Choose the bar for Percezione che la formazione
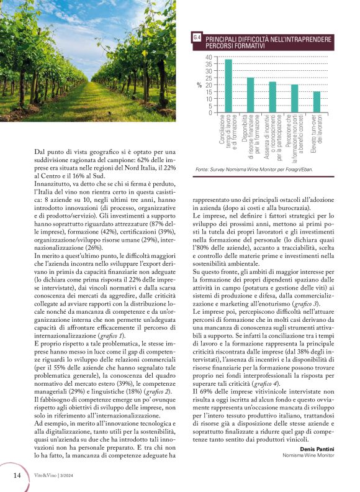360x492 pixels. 295,98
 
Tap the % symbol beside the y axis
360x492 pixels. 199,85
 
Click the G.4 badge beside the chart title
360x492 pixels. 197,39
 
